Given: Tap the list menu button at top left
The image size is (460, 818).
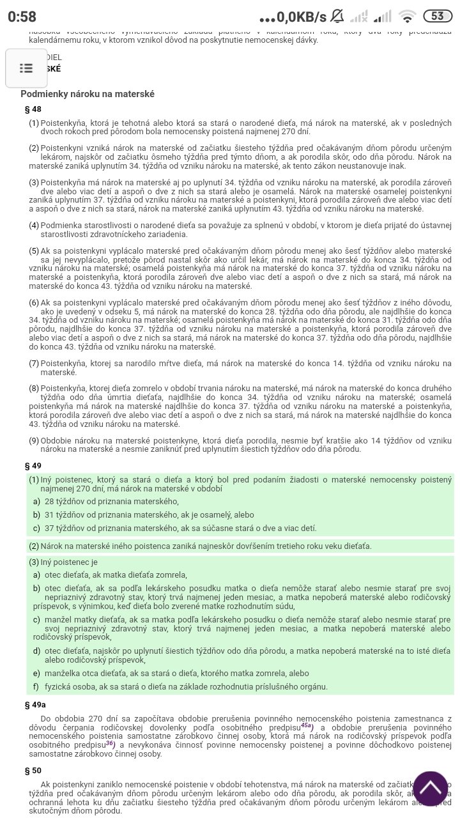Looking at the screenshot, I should pyautogui.click(x=26, y=68).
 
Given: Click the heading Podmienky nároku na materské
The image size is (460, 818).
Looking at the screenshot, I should pyautogui.click(x=88, y=94).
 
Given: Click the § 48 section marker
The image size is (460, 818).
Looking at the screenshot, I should pyautogui.click(x=33, y=109).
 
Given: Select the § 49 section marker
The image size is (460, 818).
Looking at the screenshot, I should pyautogui.click(x=33, y=466).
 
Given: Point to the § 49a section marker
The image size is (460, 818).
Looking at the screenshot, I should pyautogui.click(x=35, y=704).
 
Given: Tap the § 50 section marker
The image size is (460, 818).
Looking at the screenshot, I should pyautogui.click(x=33, y=771).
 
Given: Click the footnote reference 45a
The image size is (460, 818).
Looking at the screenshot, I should pyautogui.click(x=307, y=726).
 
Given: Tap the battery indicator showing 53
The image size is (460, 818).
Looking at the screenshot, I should pyautogui.click(x=437, y=16).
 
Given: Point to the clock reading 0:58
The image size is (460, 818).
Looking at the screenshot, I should pyautogui.click(x=22, y=17).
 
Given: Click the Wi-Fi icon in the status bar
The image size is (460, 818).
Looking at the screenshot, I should pyautogui.click(x=406, y=16).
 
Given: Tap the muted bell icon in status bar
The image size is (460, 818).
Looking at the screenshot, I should pyautogui.click(x=338, y=16).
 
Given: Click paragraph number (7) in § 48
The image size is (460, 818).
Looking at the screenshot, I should pyautogui.click(x=34, y=363).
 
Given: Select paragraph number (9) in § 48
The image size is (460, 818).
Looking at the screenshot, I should pyautogui.click(x=34, y=440).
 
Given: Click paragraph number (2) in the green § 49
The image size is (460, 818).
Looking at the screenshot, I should pyautogui.click(x=34, y=546).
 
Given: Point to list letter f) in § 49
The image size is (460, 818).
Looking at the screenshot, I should pyautogui.click(x=36, y=686).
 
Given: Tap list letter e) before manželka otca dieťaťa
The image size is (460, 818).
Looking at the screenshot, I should pyautogui.click(x=36, y=673).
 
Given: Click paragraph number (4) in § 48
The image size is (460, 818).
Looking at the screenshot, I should pyautogui.click(x=34, y=225).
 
